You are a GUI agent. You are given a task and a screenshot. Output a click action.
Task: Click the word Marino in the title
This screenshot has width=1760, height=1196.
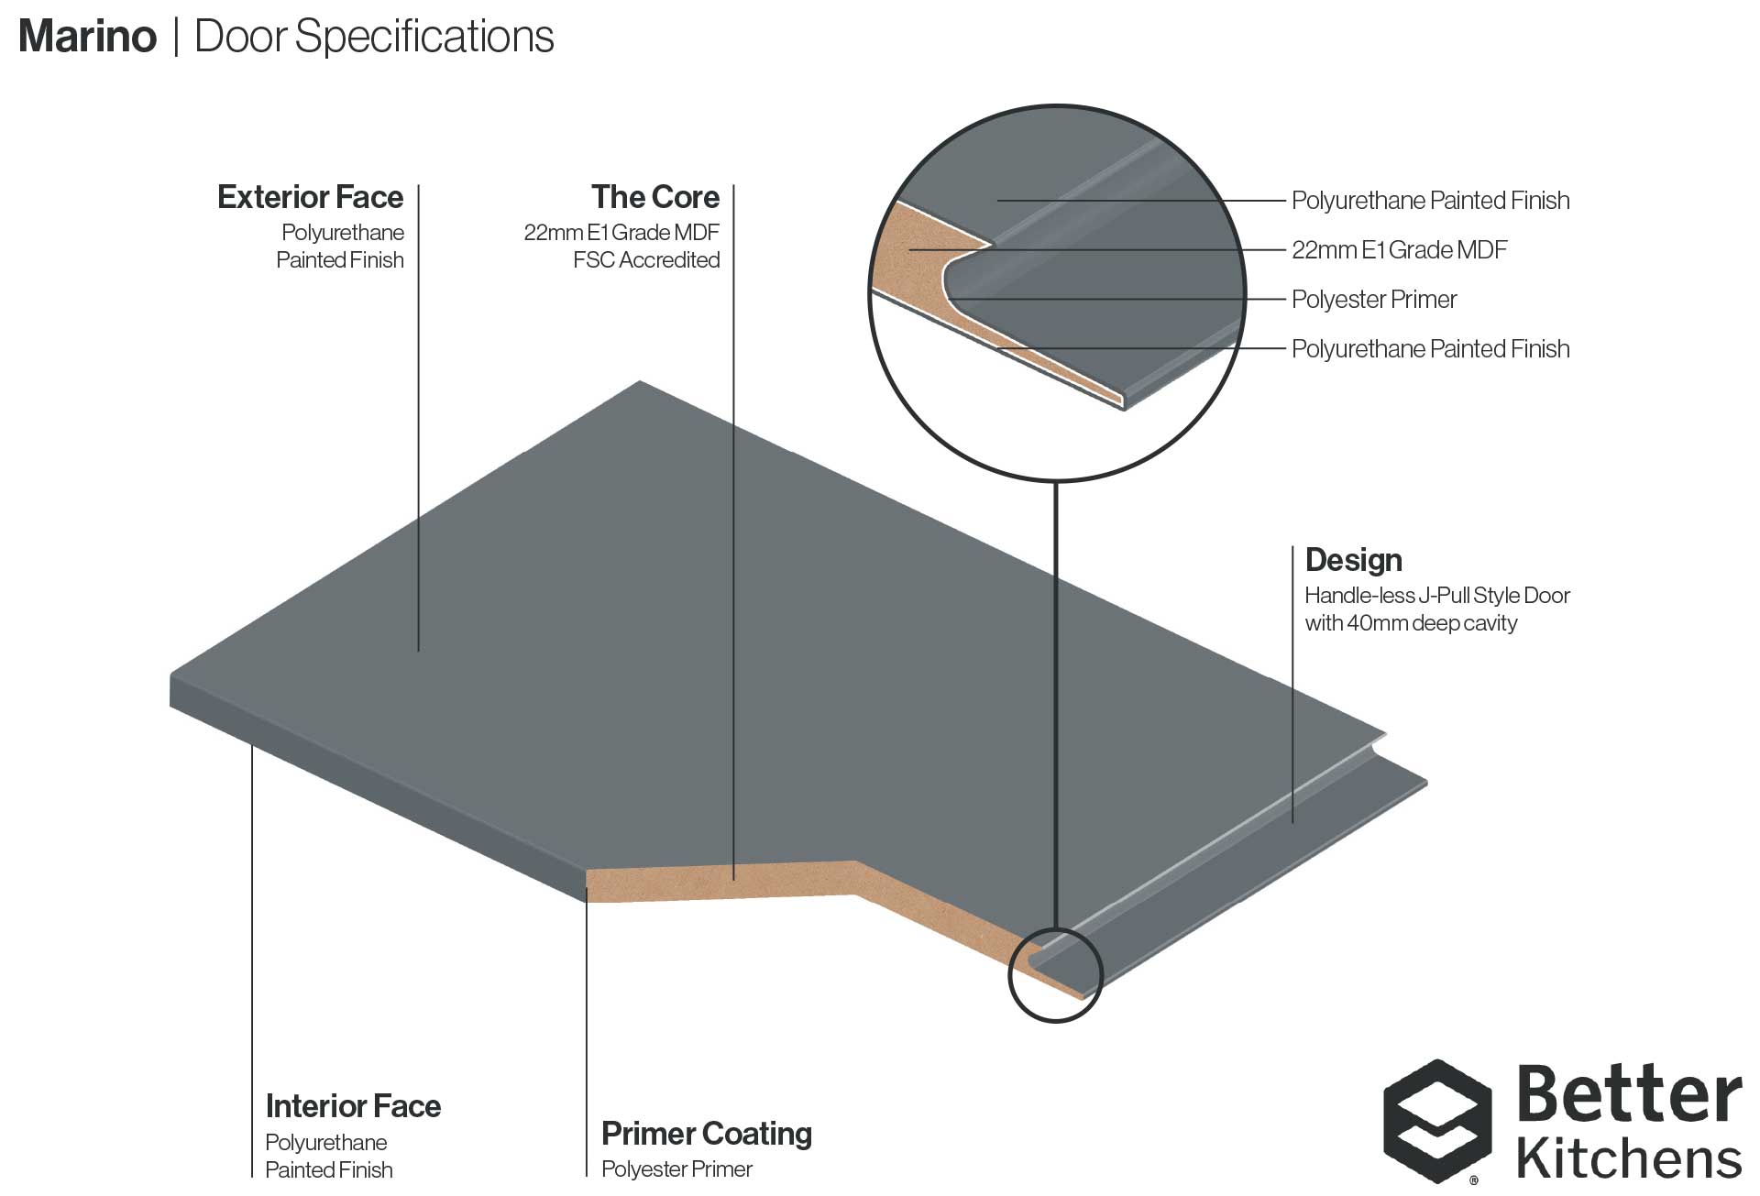(88, 37)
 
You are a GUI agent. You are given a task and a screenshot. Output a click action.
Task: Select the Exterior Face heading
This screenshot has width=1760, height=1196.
(310, 197)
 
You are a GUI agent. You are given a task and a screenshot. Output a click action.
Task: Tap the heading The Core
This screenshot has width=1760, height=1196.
(655, 197)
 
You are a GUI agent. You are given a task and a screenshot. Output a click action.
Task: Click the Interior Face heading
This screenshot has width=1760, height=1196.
(353, 1106)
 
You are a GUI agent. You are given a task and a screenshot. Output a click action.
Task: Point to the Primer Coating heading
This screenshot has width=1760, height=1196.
(706, 1134)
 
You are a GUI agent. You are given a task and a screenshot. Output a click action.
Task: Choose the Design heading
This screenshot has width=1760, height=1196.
(1353, 560)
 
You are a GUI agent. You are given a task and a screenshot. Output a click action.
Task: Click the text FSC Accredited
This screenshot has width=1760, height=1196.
(646, 260)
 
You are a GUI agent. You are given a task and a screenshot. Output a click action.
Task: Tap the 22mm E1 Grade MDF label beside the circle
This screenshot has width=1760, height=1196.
(1399, 250)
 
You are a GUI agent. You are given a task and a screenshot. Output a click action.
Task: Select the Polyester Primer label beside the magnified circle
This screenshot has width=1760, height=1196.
(1373, 300)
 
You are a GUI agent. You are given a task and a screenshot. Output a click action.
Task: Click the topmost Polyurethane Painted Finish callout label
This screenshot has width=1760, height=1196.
(1430, 201)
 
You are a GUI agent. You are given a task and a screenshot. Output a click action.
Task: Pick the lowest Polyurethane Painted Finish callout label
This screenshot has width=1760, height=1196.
(1430, 349)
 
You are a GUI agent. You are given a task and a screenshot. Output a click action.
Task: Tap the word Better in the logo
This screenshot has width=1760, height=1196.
(1629, 1095)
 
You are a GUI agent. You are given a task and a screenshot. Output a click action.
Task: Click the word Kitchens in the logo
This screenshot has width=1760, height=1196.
(1629, 1158)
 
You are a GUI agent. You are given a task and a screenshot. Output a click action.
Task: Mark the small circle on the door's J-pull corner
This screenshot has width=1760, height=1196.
(1055, 975)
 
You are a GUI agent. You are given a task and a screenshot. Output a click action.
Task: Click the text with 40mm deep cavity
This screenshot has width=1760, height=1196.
(1411, 623)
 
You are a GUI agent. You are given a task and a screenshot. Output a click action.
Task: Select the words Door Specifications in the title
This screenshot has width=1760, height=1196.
(374, 37)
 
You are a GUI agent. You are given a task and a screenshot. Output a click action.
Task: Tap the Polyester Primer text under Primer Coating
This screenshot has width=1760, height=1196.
(676, 1169)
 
